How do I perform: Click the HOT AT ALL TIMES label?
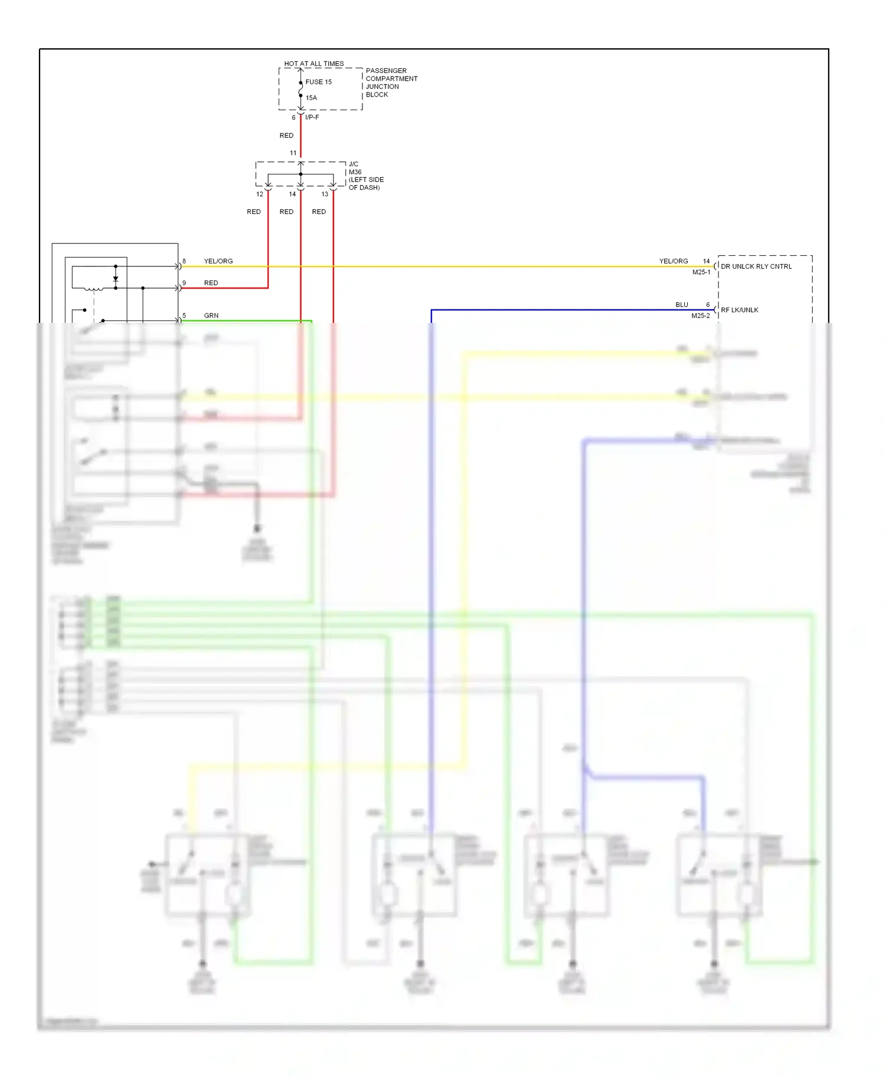[314, 64]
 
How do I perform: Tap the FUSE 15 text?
[318, 82]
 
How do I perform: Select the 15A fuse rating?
[311, 98]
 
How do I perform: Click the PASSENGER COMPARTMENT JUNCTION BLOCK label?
[391, 82]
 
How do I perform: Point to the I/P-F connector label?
[312, 117]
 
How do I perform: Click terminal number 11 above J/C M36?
[293, 153]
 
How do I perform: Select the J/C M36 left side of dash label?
[365, 176]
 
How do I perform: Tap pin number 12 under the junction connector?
[259, 194]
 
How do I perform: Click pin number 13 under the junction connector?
[325, 194]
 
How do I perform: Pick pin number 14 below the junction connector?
[292, 194]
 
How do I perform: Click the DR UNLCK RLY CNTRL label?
[756, 266]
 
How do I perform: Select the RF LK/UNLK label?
[739, 310]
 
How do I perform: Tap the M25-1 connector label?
[701, 272]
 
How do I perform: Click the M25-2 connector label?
[700, 316]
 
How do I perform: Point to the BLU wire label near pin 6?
[682, 305]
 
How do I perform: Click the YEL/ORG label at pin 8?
[218, 261]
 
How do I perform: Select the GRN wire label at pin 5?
[211, 316]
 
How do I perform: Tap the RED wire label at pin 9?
[211, 283]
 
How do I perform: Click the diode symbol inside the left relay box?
[116, 279]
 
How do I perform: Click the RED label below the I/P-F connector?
[286, 136]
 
